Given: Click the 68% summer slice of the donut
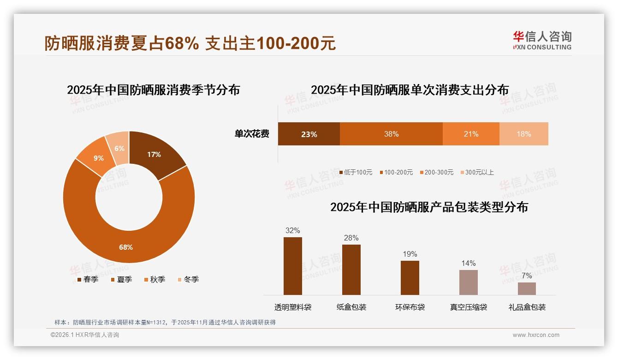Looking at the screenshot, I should pyautogui.click(x=125, y=247).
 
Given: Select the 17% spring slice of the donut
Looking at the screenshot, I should pyautogui.click(x=154, y=155).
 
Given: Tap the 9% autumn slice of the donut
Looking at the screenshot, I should pyautogui.click(x=98, y=158).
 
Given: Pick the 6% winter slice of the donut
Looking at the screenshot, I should pyautogui.click(x=119, y=148).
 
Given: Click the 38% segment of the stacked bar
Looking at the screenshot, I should pyautogui.click(x=391, y=134).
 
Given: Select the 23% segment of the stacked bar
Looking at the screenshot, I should pyautogui.click(x=309, y=134).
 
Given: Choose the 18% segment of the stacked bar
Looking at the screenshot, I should pyautogui.click(x=523, y=134).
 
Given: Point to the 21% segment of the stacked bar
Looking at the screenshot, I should pyautogui.click(x=471, y=134).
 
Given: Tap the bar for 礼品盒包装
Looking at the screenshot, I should pyautogui.click(x=527, y=288).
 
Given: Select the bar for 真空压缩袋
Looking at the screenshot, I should pyautogui.click(x=468, y=282).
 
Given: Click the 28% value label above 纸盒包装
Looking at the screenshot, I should pyautogui.click(x=351, y=238).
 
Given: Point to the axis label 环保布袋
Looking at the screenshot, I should pyautogui.click(x=410, y=307).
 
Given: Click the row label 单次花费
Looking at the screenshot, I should pyautogui.click(x=252, y=134).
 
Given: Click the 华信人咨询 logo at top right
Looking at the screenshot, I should pyautogui.click(x=542, y=41).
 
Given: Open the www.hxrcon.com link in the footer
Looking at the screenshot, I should pyautogui.click(x=536, y=335).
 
